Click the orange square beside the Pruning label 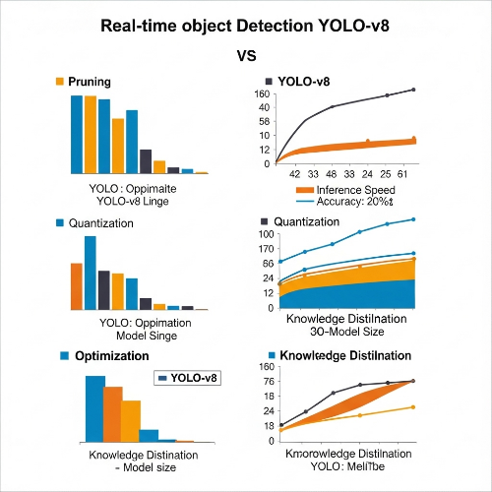point(60,82)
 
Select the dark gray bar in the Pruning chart point(146,160)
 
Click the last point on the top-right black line point(413,90)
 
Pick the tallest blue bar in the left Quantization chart point(90,273)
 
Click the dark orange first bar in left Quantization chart point(75,286)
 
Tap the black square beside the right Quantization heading point(264,221)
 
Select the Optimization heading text point(112,355)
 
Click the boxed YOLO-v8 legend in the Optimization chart point(188,377)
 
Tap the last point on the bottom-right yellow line point(413,406)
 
